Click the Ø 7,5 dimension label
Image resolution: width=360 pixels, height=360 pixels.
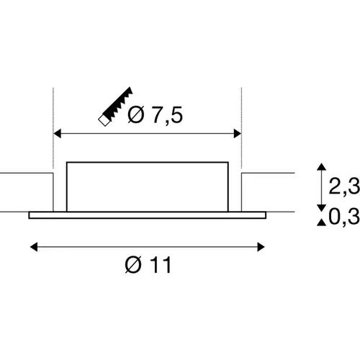click(155, 114)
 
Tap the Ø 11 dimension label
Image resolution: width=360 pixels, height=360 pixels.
click(148, 265)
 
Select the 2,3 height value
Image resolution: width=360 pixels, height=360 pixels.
click(344, 186)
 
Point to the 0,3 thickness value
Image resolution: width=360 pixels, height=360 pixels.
click(344, 217)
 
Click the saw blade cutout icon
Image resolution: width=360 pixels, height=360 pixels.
click(116, 107)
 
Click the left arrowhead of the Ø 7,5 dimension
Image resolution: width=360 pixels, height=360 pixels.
click(58, 133)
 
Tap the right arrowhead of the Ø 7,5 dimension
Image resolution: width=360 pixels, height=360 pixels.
click(237, 133)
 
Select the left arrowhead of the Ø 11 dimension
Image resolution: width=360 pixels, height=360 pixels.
click(34, 247)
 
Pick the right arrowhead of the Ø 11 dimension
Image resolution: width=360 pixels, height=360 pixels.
click(261, 247)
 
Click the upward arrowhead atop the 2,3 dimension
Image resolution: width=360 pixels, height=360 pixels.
click(322, 167)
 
